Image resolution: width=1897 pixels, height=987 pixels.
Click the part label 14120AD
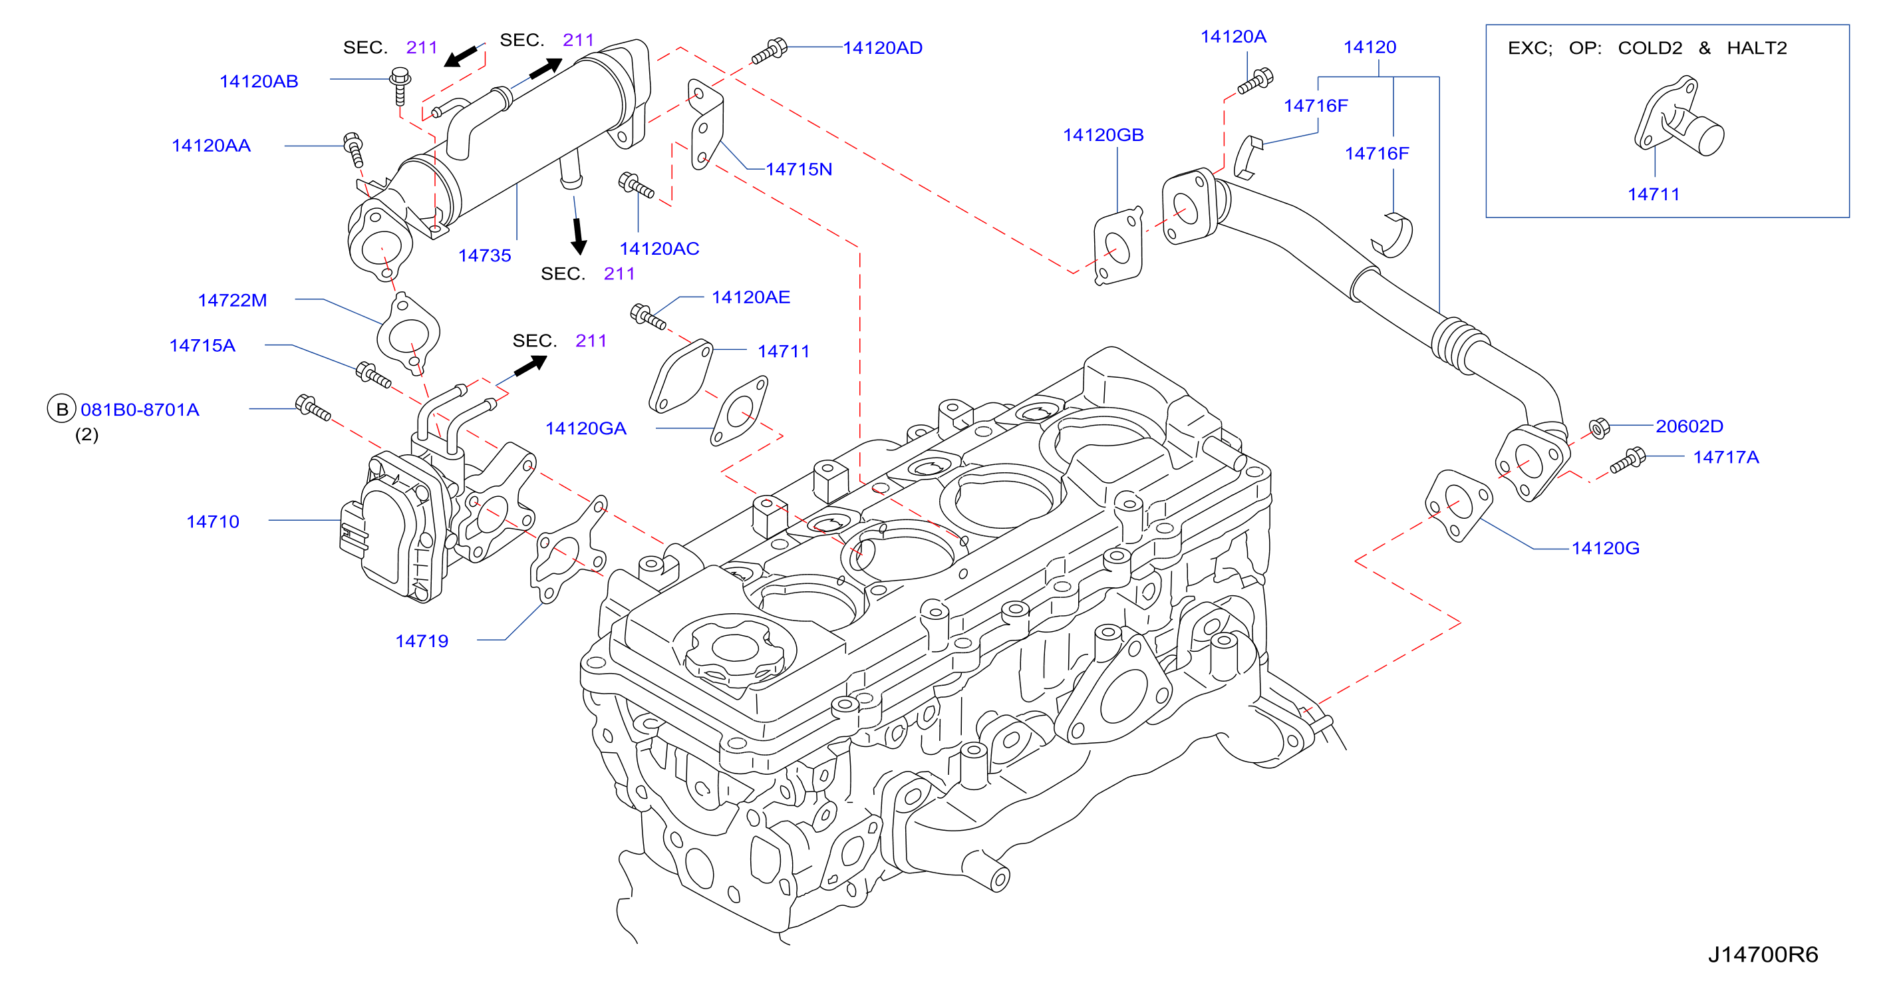(x=882, y=48)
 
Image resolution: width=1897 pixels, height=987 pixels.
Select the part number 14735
(x=484, y=255)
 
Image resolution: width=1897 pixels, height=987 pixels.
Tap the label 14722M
(x=233, y=301)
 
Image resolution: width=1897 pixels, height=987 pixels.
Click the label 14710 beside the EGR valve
(x=213, y=521)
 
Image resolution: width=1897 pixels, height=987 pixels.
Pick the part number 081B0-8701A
(x=140, y=410)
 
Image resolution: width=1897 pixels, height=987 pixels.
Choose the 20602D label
(x=1689, y=426)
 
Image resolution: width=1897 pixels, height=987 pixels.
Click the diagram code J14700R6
(x=1763, y=954)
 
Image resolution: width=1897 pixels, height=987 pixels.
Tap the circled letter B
(x=62, y=410)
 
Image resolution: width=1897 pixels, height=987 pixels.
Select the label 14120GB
(x=1103, y=135)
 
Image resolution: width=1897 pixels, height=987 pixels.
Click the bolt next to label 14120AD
(x=770, y=52)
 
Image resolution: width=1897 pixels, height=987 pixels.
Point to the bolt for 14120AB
(x=400, y=86)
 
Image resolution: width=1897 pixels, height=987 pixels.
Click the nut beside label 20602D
(x=1599, y=428)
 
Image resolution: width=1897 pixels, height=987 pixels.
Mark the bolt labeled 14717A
(x=1628, y=460)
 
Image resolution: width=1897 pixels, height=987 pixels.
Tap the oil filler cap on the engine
(x=735, y=650)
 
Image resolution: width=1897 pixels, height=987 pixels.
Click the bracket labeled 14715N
(x=706, y=124)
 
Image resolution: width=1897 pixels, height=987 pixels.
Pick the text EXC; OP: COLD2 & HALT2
(x=1648, y=48)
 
